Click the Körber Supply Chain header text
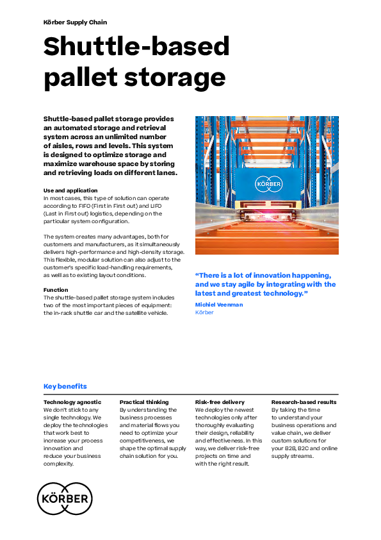[x=75, y=22]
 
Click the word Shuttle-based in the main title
[x=136, y=47]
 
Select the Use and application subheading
[x=70, y=190]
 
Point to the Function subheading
[x=56, y=290]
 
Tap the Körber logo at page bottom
[x=65, y=499]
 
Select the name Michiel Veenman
[x=219, y=305]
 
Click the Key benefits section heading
[x=65, y=386]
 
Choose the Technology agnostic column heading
[x=72, y=402]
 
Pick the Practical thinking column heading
[x=144, y=402]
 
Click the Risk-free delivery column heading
[x=220, y=402]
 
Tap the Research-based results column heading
[x=304, y=402]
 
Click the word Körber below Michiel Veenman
[x=204, y=312]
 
